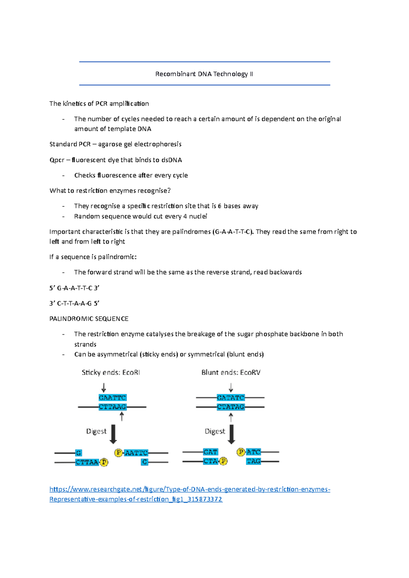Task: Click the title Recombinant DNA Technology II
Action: pos(204,74)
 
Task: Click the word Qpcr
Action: pos(57,160)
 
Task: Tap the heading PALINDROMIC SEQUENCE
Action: pos(89,319)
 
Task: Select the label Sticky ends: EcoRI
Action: pos(111,372)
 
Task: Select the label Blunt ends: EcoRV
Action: pos(231,372)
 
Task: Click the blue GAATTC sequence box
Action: pos(112,398)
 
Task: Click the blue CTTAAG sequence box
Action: pos(112,407)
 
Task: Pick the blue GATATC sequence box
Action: pos(231,398)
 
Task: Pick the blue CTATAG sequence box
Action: pos(231,407)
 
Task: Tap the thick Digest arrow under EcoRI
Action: pos(113,434)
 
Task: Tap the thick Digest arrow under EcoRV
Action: pos(231,434)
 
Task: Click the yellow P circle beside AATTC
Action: pos(118,452)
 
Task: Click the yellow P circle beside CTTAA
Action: pos(104,462)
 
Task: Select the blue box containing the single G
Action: pos(78,453)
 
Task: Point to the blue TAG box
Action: pos(253,461)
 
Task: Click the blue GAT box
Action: pos(210,452)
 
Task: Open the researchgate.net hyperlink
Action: pos(190,489)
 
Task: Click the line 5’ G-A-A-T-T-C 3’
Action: pos(74,288)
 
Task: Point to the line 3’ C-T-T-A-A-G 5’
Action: pos(74,303)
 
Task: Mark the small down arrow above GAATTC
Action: pos(104,388)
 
